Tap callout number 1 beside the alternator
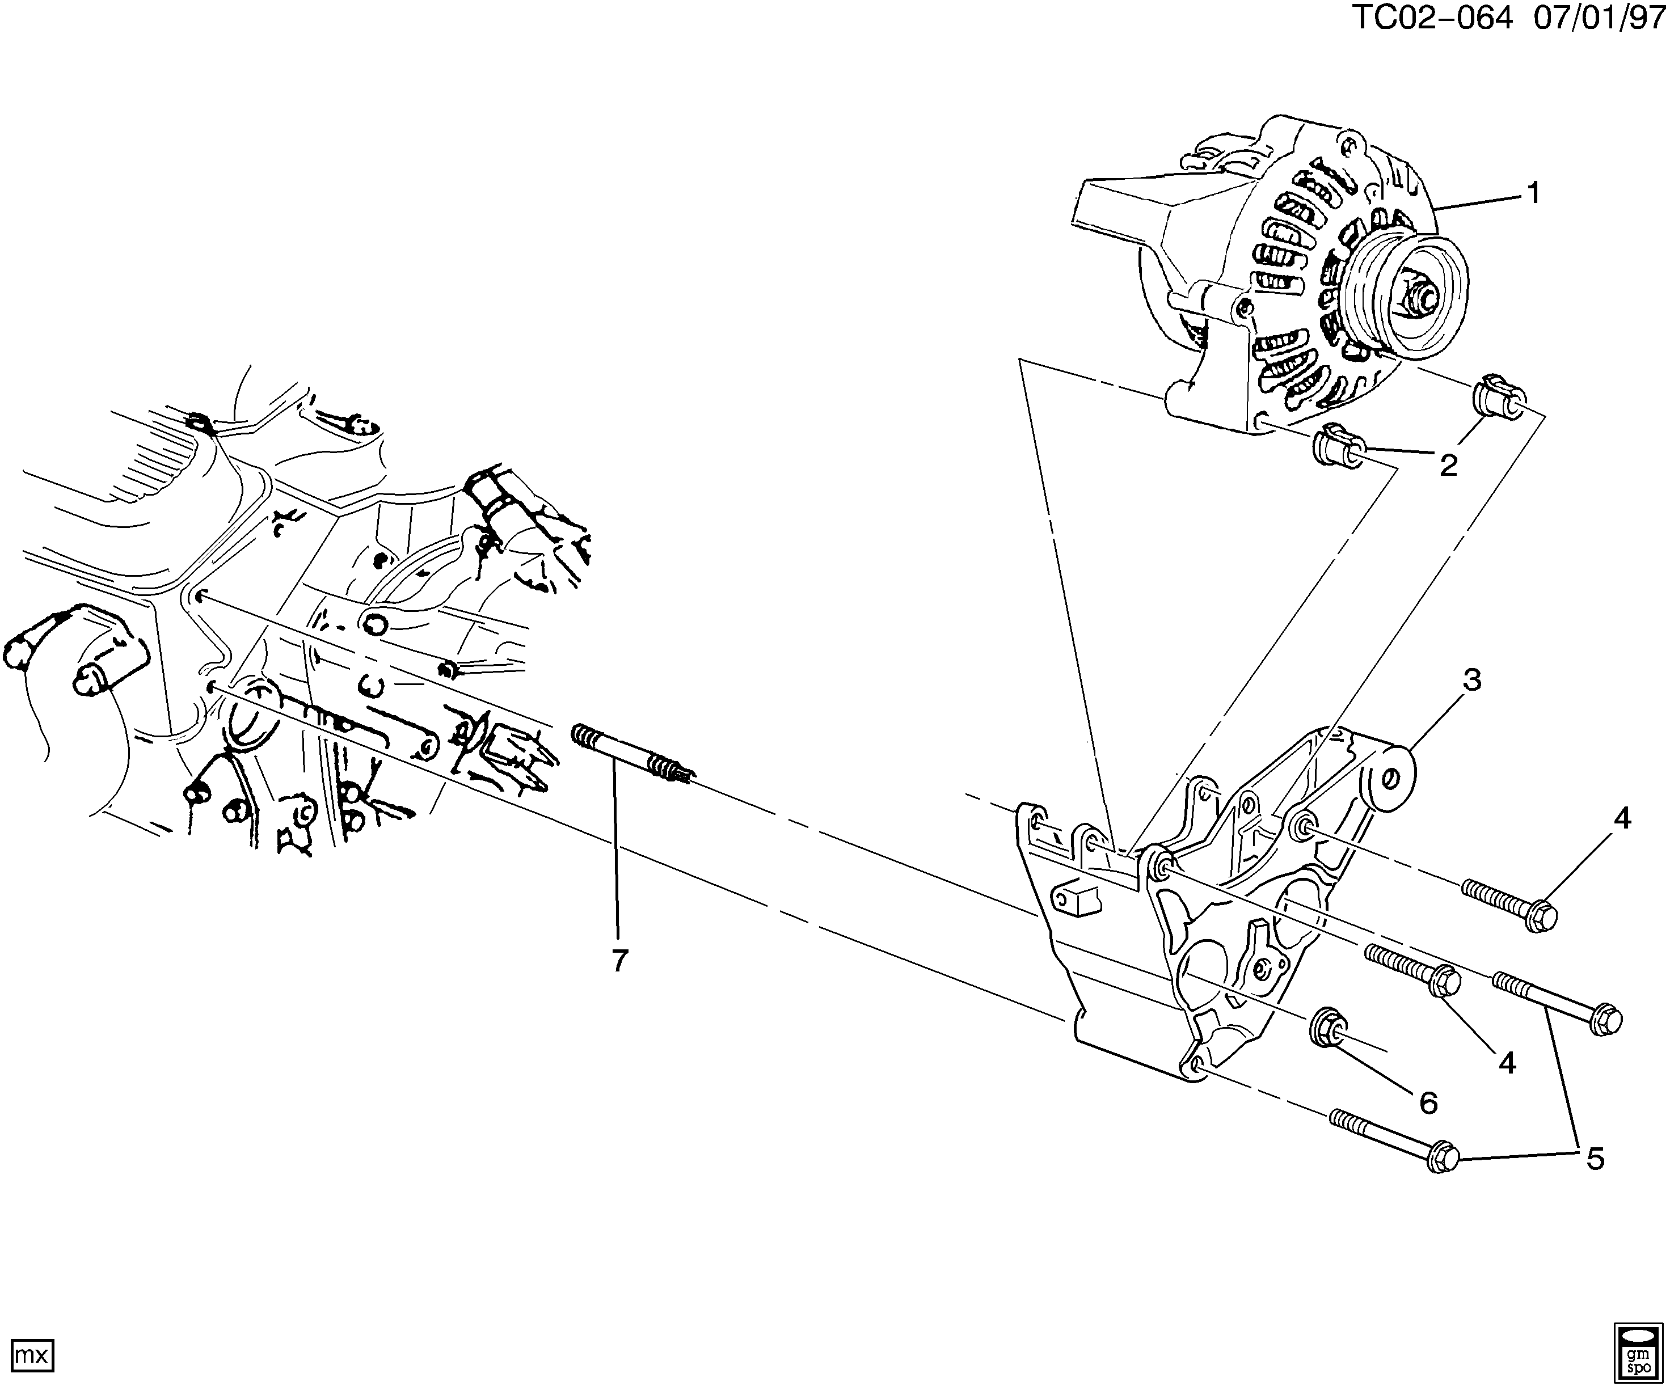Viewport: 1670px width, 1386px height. tap(1532, 192)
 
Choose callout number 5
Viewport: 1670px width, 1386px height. tap(1595, 1159)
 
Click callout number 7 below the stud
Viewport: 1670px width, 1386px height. tap(619, 961)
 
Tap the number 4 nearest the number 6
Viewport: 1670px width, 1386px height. tap(1507, 1062)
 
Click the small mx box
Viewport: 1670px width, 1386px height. tap(32, 1355)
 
